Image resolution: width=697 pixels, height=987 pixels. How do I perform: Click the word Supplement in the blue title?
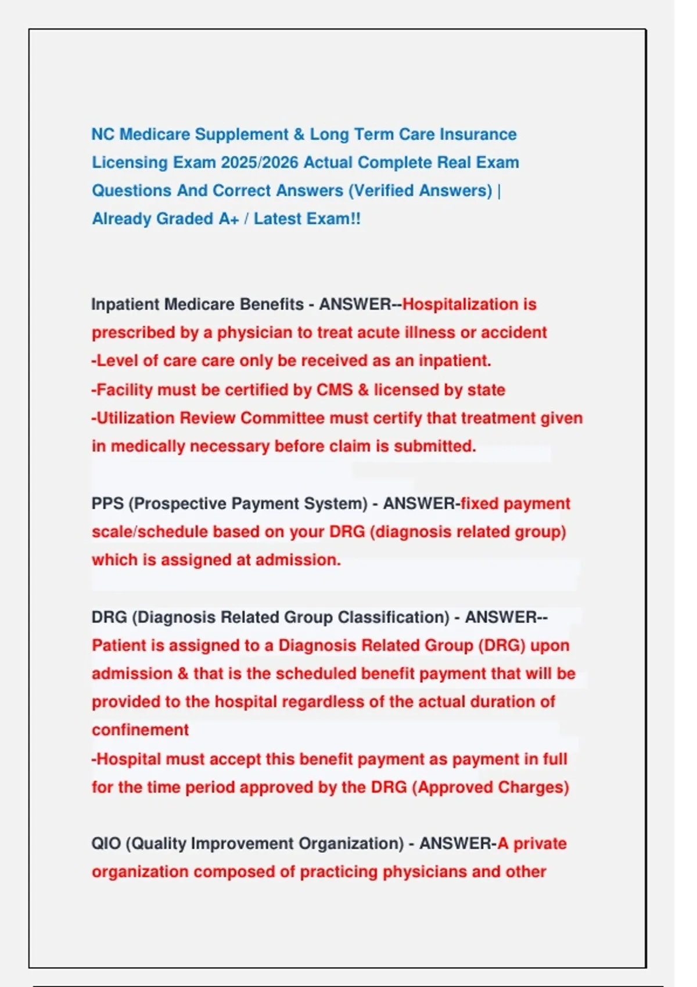pos(241,135)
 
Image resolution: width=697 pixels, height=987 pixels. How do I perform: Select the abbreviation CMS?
pos(334,390)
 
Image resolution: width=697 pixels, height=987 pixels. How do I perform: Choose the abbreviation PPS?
pos(107,503)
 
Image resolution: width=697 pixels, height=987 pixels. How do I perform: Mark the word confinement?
pos(140,730)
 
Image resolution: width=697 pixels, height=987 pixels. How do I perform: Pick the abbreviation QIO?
pos(106,844)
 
